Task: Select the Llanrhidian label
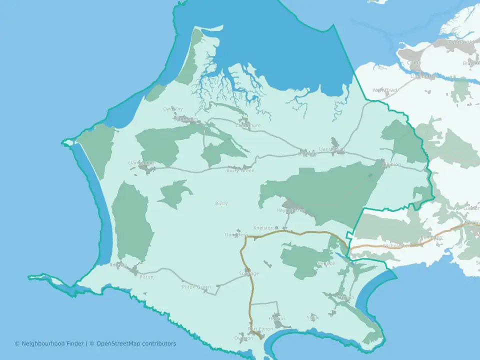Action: pos(332,149)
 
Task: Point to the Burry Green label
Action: pos(240,170)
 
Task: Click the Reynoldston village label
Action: pos(290,210)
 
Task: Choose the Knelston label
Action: pos(263,227)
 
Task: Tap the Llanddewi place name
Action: pos(236,234)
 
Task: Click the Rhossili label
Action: pos(118,265)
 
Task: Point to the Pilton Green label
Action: pos(196,287)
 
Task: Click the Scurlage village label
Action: pos(249,273)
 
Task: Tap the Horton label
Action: pos(276,318)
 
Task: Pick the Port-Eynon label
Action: pos(261,329)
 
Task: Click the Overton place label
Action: pos(244,338)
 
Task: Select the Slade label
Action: pos(313,317)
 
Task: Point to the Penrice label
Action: pos(326,263)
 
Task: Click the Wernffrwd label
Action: pos(384,90)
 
